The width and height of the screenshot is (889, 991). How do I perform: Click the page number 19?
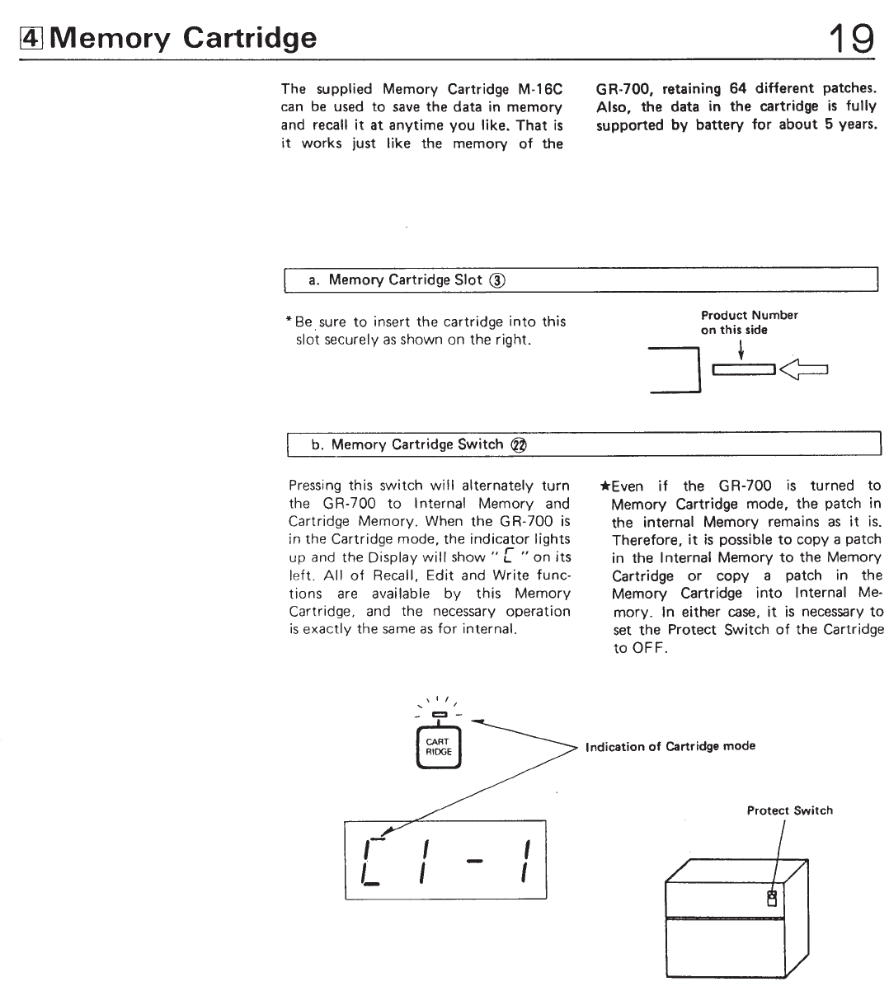point(852,37)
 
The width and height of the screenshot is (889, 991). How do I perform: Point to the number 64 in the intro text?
point(738,88)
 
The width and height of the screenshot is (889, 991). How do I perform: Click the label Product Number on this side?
point(749,322)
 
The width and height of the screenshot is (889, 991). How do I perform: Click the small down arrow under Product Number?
point(742,350)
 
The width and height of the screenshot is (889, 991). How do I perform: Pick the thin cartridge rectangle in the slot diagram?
point(744,370)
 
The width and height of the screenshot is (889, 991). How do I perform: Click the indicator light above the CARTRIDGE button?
point(438,714)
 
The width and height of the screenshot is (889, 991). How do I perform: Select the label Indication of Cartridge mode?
point(670,747)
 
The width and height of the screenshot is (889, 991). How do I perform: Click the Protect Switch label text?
point(789,810)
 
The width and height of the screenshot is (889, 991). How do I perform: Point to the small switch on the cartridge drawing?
point(772,898)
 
